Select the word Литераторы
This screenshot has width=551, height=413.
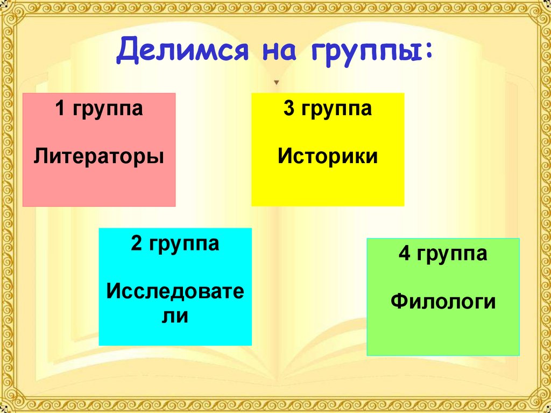coord(99,157)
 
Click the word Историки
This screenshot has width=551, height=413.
coord(328,157)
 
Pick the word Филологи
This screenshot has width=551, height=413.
coord(443,302)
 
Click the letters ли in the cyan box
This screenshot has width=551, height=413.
coord(175,316)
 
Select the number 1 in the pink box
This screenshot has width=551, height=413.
coord(61,109)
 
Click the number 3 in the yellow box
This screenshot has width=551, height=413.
coord(289,109)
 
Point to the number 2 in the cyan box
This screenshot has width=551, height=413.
coord(136,244)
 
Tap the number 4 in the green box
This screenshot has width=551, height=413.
coord(404,254)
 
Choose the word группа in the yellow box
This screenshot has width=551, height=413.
coord(335,110)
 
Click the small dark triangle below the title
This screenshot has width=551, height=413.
coord(277,83)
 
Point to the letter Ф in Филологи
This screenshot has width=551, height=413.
coord(399,302)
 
